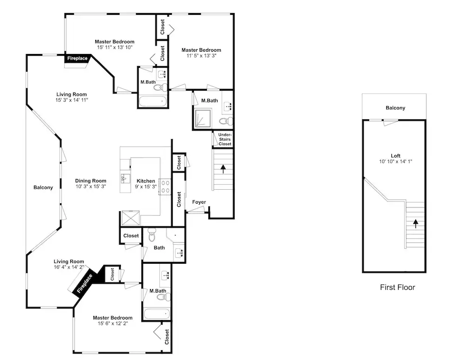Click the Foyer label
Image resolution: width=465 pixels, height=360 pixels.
pyautogui.click(x=199, y=202)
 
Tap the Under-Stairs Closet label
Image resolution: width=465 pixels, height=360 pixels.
pyautogui.click(x=225, y=139)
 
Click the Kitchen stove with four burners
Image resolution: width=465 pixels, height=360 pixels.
pyautogui.click(x=165, y=187)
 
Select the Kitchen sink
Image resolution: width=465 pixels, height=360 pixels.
pyautogui.click(x=125, y=179)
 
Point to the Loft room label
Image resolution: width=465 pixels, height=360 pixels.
pyautogui.click(x=396, y=156)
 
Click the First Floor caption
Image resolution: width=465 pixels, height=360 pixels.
pyautogui.click(x=398, y=287)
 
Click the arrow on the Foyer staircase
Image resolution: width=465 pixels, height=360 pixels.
pyautogui.click(x=223, y=169)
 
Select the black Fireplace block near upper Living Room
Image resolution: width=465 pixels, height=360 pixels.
pyautogui.click(x=78, y=59)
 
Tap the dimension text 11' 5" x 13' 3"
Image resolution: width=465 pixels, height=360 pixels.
pyautogui.click(x=201, y=55)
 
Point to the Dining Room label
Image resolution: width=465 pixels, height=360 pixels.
pyautogui.click(x=91, y=180)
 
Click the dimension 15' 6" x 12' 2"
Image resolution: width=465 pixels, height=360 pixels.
pyautogui.click(x=113, y=323)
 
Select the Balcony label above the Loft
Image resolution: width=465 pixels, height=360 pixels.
pyautogui.click(x=395, y=107)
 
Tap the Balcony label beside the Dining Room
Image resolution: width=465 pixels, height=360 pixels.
pyautogui.click(x=43, y=187)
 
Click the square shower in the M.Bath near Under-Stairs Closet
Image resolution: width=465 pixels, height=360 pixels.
pyautogui.click(x=203, y=118)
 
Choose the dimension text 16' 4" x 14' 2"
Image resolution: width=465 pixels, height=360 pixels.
pyautogui.click(x=69, y=267)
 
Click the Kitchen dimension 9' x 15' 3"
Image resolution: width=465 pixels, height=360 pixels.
pyautogui.click(x=146, y=187)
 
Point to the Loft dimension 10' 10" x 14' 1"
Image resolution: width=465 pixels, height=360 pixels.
pyautogui.click(x=396, y=161)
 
